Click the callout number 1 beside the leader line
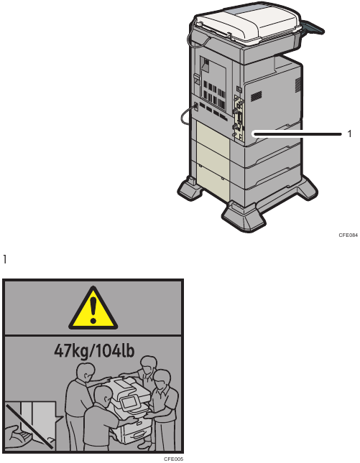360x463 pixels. pyautogui.click(x=350, y=134)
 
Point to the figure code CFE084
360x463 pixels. pyautogui.click(x=349, y=235)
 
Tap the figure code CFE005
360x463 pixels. pyautogui.click(x=173, y=459)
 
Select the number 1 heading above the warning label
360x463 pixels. pyautogui.click(x=4, y=259)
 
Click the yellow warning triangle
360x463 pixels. pyautogui.click(x=93, y=309)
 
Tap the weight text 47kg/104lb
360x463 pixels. pyautogui.click(x=94, y=351)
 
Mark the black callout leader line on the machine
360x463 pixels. pyautogui.click(x=297, y=134)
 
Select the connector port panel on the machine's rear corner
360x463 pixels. pyautogui.click(x=239, y=118)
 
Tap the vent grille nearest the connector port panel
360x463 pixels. pyautogui.click(x=257, y=96)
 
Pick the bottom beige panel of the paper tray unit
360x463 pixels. pyautogui.click(x=212, y=181)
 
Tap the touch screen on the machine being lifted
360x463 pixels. pyautogui.click(x=129, y=402)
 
